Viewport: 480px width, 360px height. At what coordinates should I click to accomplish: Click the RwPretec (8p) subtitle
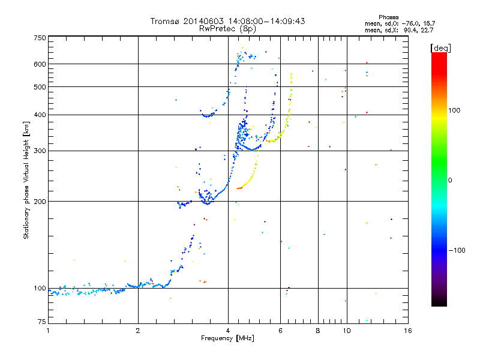click(227, 29)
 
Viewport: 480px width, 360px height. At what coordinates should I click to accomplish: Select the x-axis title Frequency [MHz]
click(227, 338)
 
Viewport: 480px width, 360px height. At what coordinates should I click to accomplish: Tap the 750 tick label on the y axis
click(40, 38)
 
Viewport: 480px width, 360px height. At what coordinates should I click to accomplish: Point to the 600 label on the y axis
click(40, 64)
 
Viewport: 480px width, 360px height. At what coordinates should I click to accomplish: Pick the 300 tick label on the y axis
click(40, 151)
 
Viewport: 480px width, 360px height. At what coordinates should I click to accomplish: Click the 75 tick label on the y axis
click(42, 322)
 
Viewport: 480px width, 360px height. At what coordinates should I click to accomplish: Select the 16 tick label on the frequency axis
click(408, 331)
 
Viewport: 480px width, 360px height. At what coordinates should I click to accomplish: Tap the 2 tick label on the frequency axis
click(138, 331)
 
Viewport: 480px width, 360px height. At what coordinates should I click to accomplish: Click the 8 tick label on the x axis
click(318, 331)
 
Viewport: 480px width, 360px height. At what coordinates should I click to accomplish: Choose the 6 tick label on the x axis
click(280, 331)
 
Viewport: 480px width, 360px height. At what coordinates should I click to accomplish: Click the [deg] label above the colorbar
click(440, 48)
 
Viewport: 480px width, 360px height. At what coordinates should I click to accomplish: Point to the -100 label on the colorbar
click(457, 250)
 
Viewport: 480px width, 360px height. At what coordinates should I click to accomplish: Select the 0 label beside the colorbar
click(450, 180)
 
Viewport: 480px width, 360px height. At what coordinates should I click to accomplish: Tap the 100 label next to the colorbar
click(454, 110)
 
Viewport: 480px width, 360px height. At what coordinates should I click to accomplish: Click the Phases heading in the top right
click(388, 17)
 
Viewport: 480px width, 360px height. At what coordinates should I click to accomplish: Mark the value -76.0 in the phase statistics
click(409, 23)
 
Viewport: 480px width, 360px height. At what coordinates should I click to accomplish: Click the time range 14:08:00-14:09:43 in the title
click(266, 21)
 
